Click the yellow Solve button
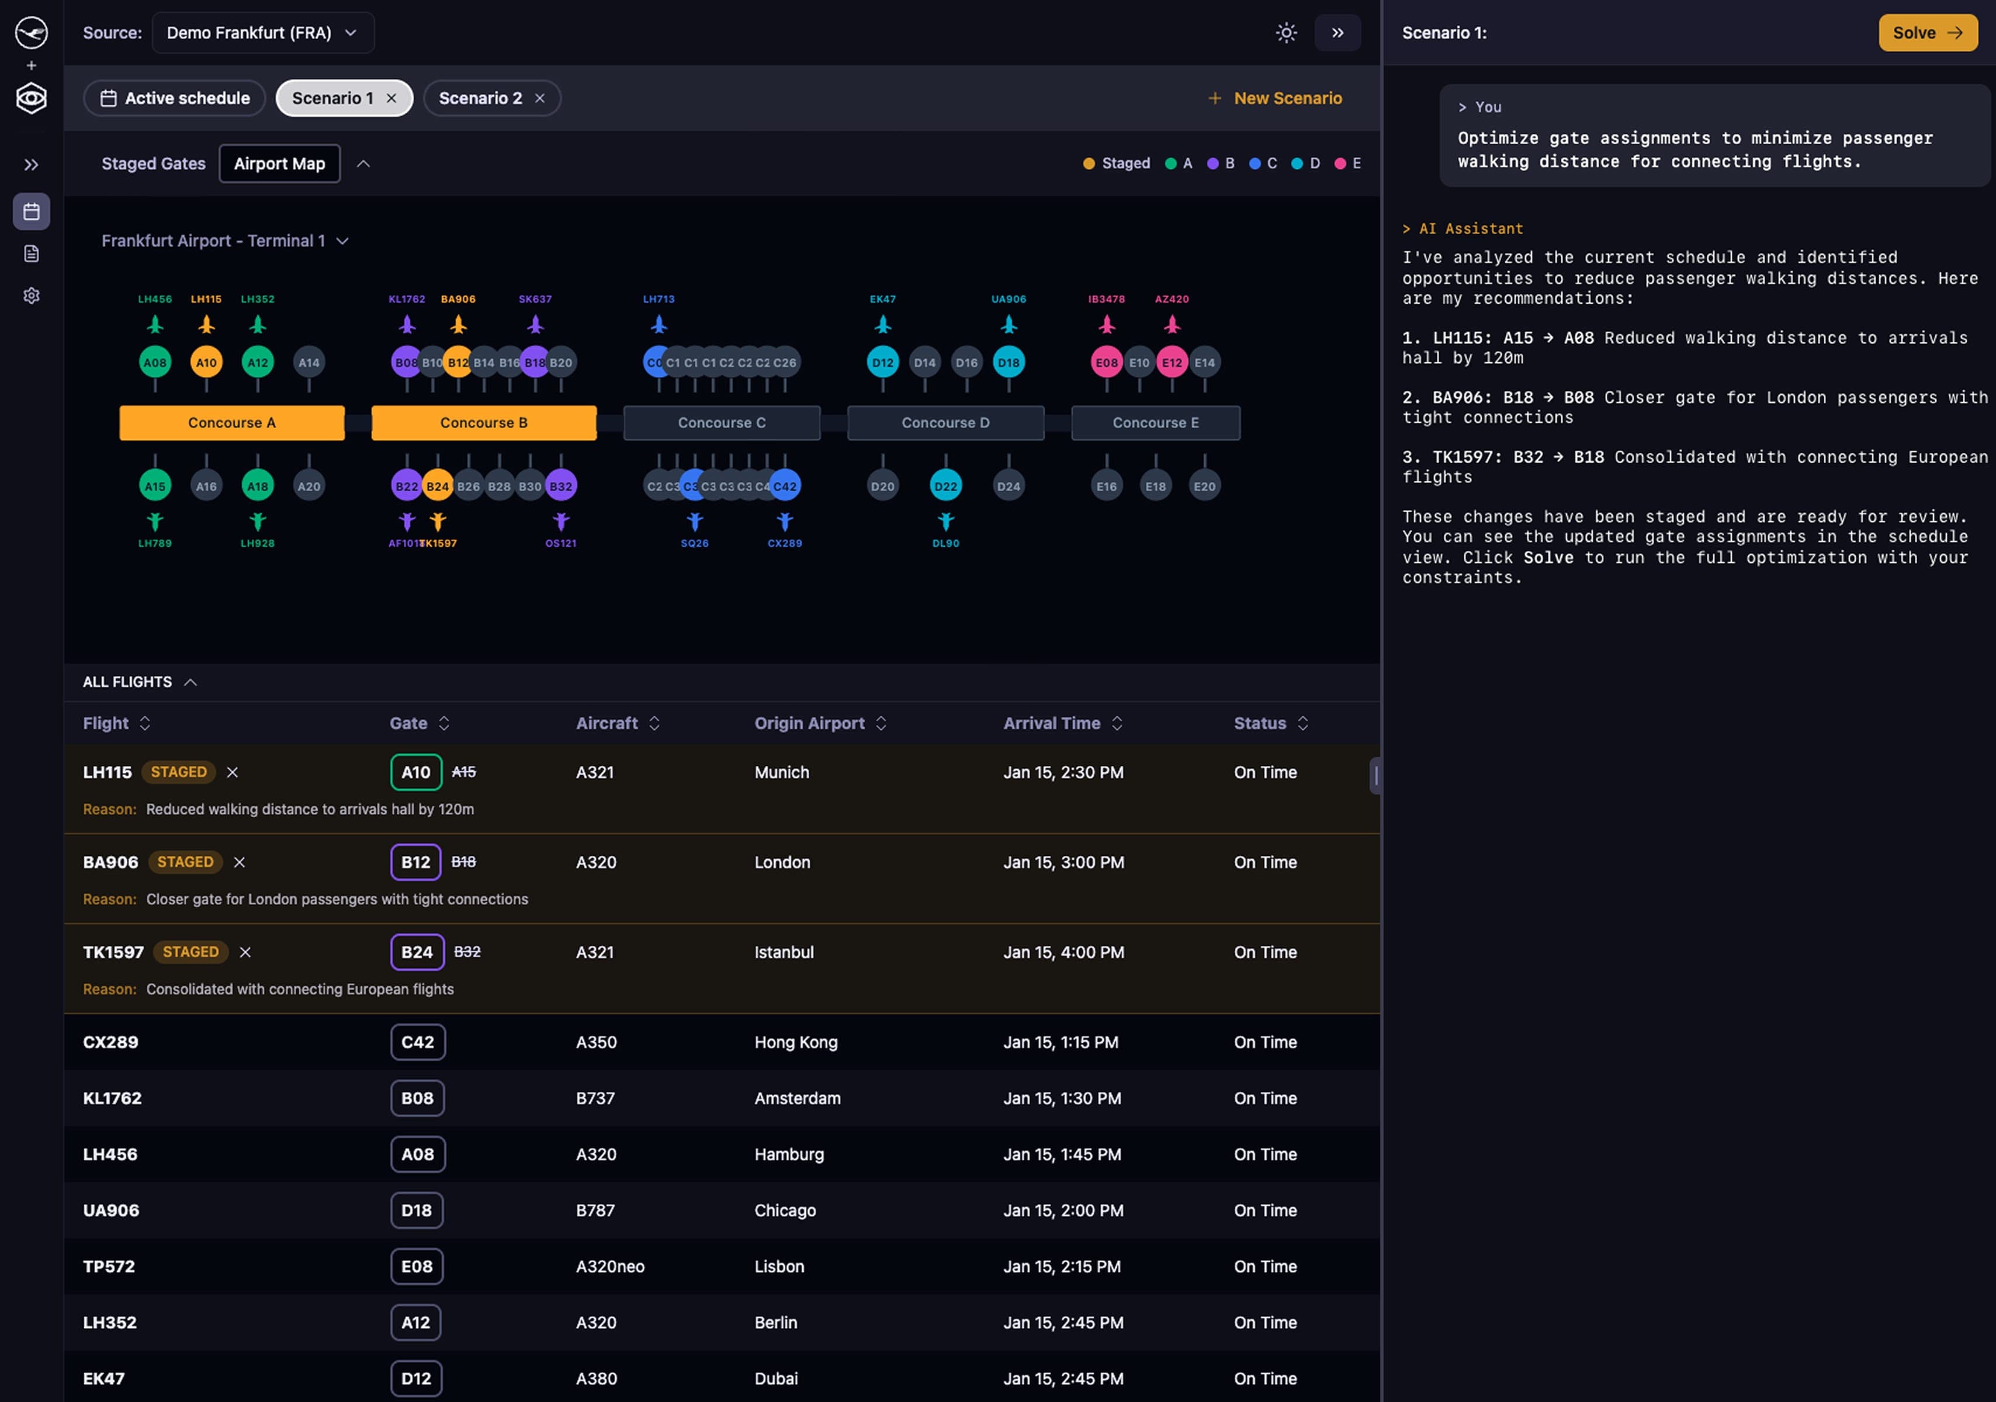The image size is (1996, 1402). (1926, 33)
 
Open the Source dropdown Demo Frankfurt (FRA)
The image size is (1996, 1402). (262, 33)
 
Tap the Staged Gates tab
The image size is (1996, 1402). (153, 164)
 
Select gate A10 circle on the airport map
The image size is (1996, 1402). (206, 362)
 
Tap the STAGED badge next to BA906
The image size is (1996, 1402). (185, 862)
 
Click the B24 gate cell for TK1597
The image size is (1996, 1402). (417, 952)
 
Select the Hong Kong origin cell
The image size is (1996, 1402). (795, 1042)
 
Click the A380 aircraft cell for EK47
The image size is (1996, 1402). (597, 1379)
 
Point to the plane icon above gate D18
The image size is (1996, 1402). (1009, 325)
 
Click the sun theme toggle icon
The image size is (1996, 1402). (1285, 33)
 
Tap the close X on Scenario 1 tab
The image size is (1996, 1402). (391, 98)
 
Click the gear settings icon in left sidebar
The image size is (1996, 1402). (32, 296)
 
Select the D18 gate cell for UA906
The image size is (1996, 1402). (417, 1210)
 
